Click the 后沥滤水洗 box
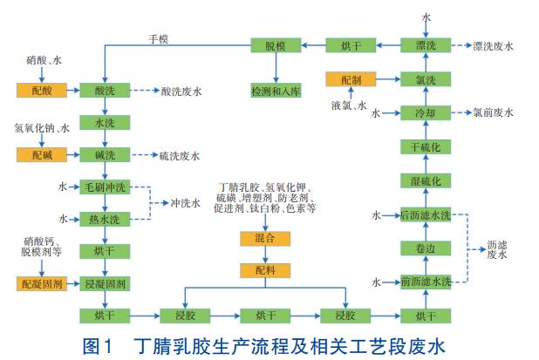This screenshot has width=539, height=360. pyautogui.click(x=426, y=214)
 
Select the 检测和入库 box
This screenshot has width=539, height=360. pyautogui.click(x=275, y=91)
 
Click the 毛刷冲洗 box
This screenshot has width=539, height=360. pyautogui.click(x=106, y=187)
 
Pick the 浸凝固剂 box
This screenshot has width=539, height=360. pyautogui.click(x=106, y=282)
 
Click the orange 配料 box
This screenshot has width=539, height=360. pyautogui.click(x=265, y=270)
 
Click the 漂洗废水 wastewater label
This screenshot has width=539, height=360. pyautogui.click(x=496, y=44)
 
